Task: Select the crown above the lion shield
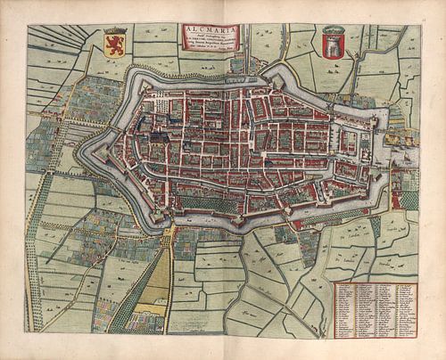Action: click(x=114, y=33)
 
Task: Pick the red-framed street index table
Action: click(x=375, y=309)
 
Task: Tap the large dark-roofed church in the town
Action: click(x=159, y=139)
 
